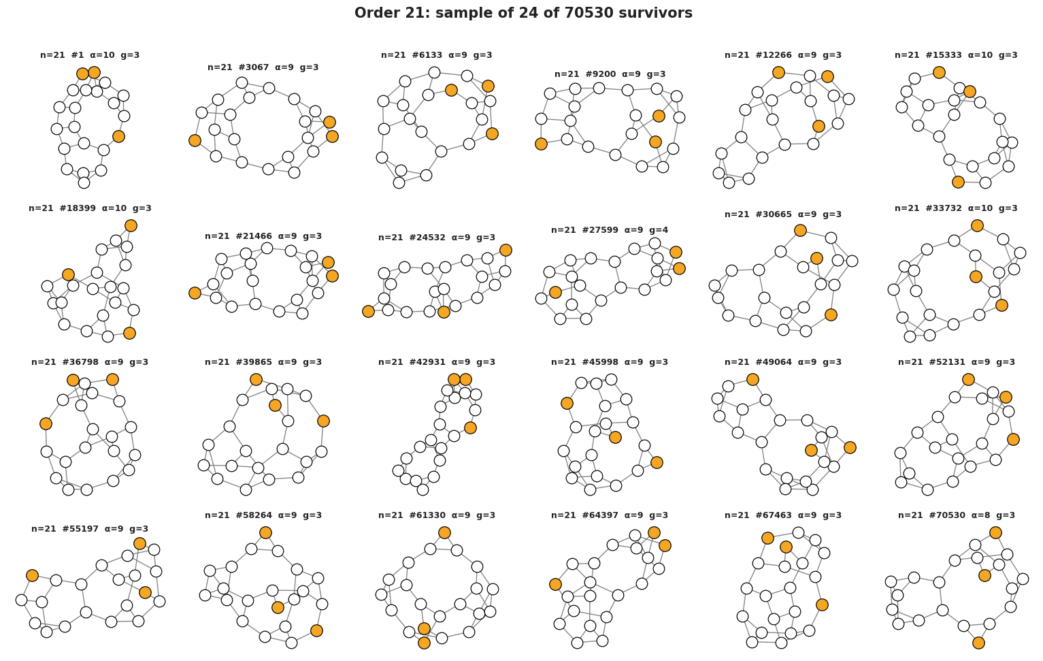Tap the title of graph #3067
click(263, 67)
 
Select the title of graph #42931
click(437, 362)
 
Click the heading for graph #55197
click(90, 529)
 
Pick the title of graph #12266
click(783, 55)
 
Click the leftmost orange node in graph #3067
click(195, 140)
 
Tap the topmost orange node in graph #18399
click(131, 226)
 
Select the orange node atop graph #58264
click(265, 533)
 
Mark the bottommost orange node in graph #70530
click(979, 643)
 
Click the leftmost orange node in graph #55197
click(32, 576)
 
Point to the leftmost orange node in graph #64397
click(555, 585)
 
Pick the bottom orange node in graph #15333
click(958, 182)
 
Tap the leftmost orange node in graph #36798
click(46, 424)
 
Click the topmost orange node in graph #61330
click(445, 533)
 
